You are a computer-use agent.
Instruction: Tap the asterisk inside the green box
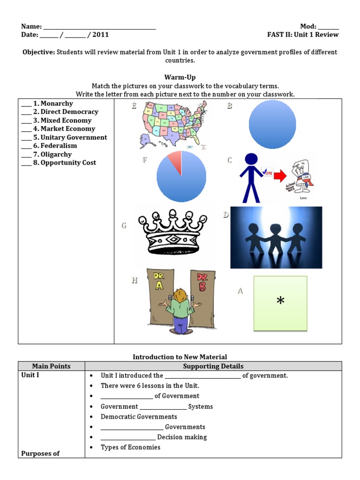coord(280,301)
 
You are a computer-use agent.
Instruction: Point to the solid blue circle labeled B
coord(272,125)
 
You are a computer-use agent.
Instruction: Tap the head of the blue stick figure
coord(252,160)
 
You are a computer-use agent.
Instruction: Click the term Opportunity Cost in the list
coord(68,163)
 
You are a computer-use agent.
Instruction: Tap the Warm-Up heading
coord(180,77)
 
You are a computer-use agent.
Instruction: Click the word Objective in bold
coord(39,52)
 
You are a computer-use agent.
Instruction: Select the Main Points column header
coord(51,366)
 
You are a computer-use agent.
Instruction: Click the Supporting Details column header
coord(213,366)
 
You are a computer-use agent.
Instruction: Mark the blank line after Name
coord(99,27)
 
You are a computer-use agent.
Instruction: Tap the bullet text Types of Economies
coord(130,447)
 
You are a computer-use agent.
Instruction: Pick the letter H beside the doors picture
coord(135,280)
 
